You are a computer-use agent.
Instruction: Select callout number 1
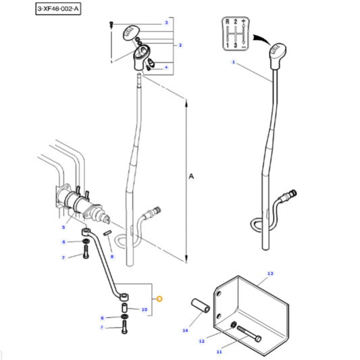click(x=233, y=63)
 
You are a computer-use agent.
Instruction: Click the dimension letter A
click(x=191, y=176)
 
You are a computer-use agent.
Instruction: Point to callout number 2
click(x=180, y=45)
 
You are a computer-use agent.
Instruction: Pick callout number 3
click(x=165, y=23)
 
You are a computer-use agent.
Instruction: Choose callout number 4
click(x=165, y=67)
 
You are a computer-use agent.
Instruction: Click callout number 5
click(x=64, y=228)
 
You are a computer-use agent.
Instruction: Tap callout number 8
click(x=112, y=257)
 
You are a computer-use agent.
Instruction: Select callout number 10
click(x=144, y=309)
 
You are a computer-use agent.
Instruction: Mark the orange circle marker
click(x=160, y=298)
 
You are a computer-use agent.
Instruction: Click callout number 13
click(x=270, y=274)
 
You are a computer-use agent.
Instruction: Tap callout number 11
click(x=218, y=352)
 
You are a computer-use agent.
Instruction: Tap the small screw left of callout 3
click(x=111, y=24)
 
